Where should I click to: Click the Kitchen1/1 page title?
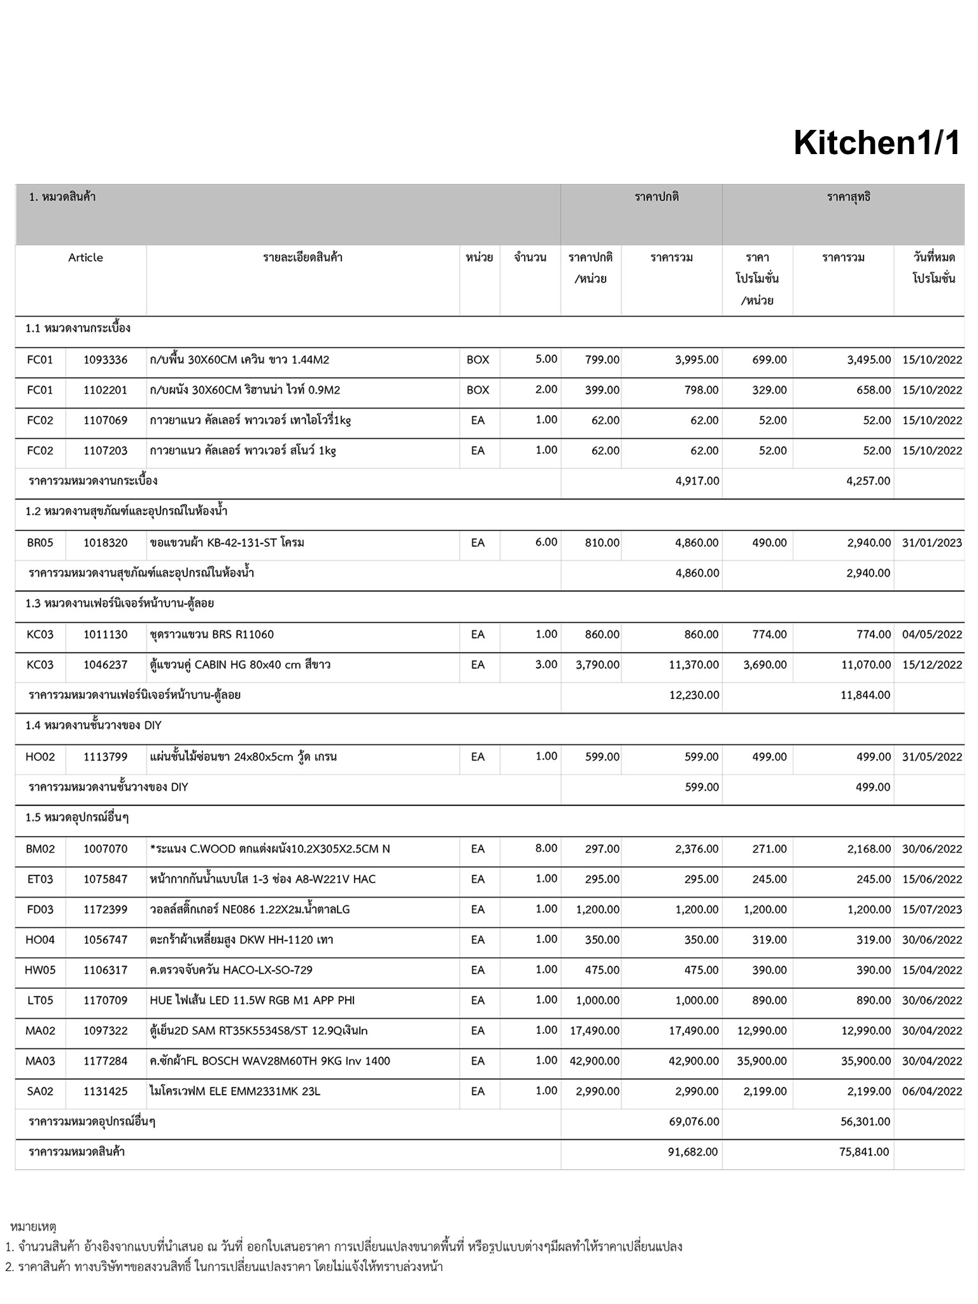[876, 143]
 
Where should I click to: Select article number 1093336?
[105, 360]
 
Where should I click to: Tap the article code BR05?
[39, 542]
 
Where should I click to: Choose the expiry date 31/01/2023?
[932, 542]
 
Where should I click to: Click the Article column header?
[85, 258]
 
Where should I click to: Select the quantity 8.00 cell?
[546, 848]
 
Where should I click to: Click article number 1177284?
[105, 1061]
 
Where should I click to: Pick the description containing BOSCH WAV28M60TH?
[269, 1061]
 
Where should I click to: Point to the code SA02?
[39, 1091]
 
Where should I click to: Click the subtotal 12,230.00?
[694, 695]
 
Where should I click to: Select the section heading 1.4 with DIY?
[94, 726]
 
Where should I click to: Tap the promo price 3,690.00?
[765, 665]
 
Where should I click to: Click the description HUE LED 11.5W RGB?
[252, 1000]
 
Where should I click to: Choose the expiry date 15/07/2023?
[932, 909]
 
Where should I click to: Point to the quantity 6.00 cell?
[546, 542]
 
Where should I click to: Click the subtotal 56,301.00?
[865, 1121]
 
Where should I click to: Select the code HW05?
[39, 970]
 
